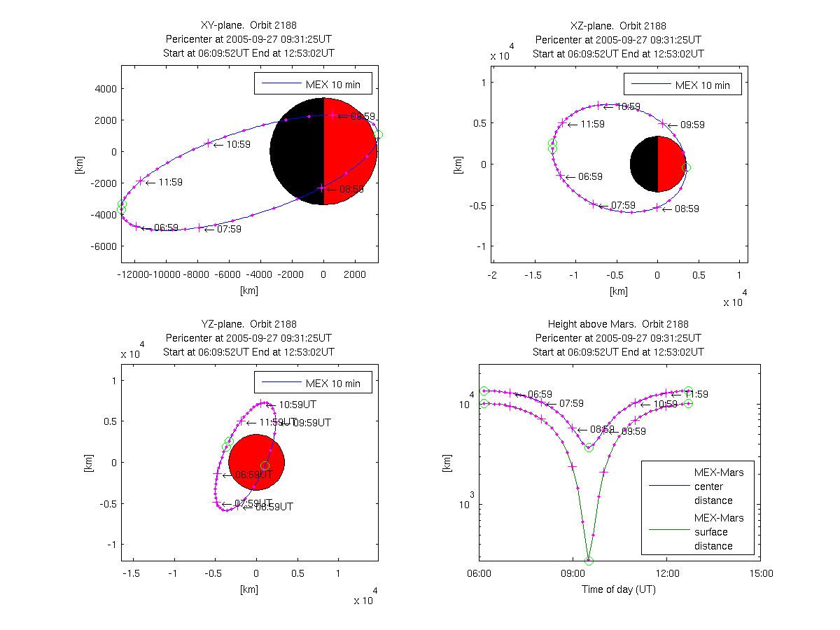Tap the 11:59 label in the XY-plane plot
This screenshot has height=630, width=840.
[171, 183]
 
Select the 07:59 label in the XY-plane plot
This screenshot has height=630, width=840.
[229, 229]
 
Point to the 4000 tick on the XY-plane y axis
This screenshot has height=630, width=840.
[106, 89]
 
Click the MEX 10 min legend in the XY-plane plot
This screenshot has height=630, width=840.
[313, 84]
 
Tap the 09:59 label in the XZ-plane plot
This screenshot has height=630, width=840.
[692, 125]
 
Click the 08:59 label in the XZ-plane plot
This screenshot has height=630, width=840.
[686, 209]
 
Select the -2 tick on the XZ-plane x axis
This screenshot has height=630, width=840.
[493, 275]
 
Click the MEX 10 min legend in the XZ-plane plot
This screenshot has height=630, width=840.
[682, 85]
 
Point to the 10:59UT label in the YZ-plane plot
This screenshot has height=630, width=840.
[297, 405]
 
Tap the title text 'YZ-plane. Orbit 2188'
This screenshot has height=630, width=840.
[248, 324]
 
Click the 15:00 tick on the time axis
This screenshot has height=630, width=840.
[761, 573]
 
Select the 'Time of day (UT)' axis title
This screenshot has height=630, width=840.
[619, 589]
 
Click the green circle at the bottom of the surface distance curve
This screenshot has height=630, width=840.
[589, 561]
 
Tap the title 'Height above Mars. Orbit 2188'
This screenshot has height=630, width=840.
[618, 324]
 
